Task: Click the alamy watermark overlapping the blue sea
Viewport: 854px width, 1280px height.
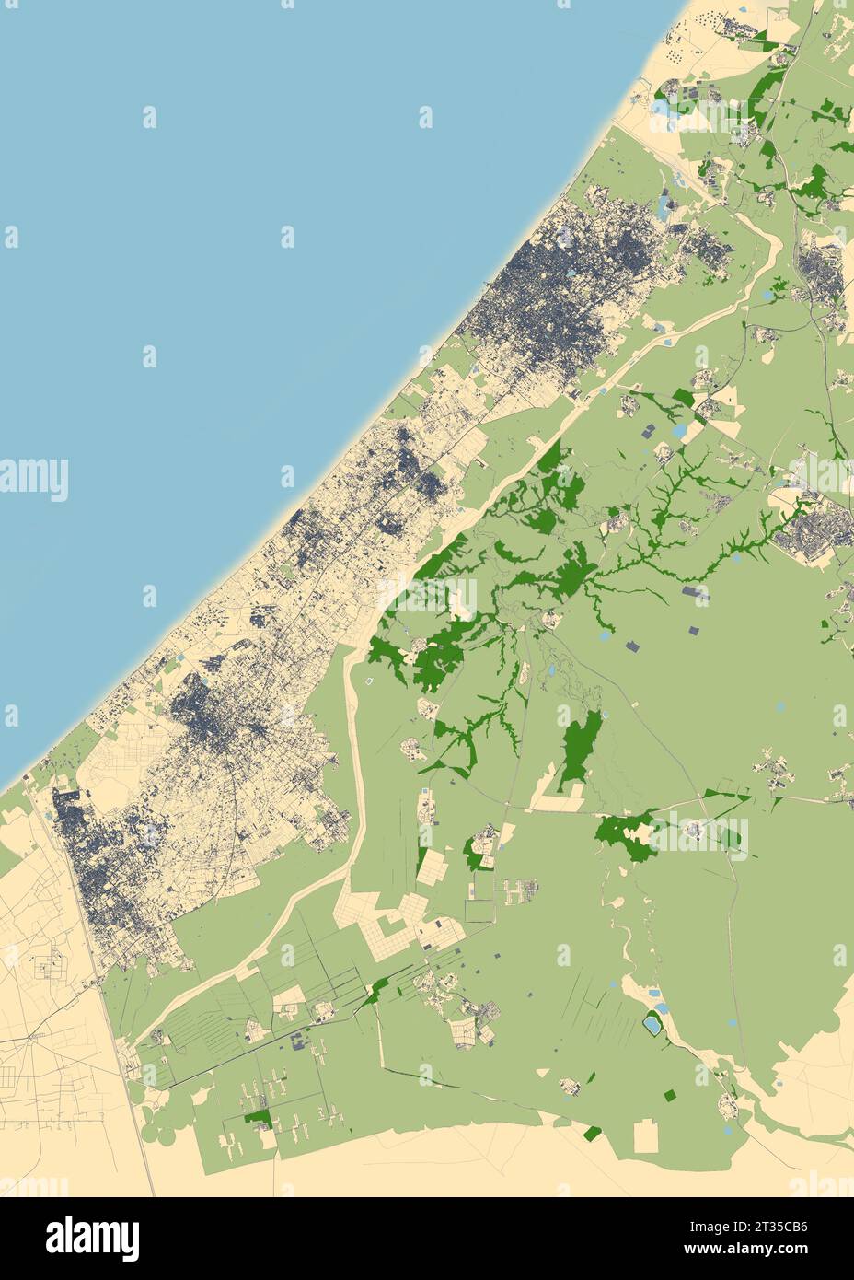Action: [34, 479]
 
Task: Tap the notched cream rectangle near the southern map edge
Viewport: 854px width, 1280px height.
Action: [646, 1136]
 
